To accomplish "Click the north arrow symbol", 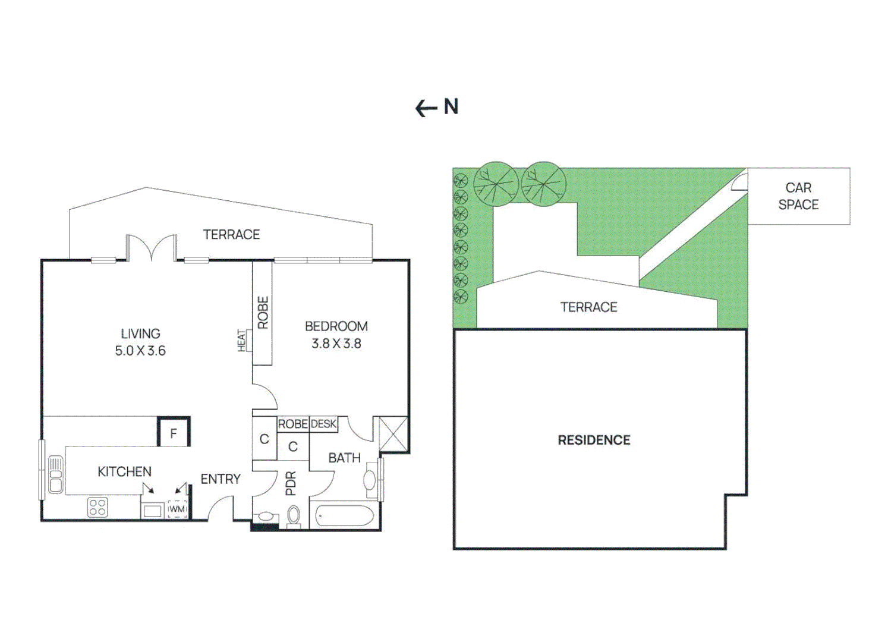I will coord(426,108).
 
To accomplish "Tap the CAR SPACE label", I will coord(798,196).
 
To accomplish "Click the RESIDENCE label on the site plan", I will coord(594,440).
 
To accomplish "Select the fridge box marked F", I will coord(174,433).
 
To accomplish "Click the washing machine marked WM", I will coord(177,509).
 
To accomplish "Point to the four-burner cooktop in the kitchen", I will coord(97,508).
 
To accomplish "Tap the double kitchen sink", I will coord(55,474).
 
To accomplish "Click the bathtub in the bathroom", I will coord(344,515).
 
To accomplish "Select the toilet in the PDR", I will coord(294,515).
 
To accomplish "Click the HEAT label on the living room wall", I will coord(241,341).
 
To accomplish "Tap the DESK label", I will coord(324,424).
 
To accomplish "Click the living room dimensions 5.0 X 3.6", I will coord(140,351).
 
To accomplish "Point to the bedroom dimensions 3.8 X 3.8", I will coord(336,344).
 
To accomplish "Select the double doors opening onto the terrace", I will coord(152,248).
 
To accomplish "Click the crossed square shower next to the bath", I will coord(393,434).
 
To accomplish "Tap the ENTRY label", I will coord(221,479).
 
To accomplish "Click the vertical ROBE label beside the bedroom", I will coord(263,313).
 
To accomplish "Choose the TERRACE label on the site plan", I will coord(588,307).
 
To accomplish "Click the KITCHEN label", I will coord(124,471).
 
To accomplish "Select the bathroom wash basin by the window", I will coord(370,480).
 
